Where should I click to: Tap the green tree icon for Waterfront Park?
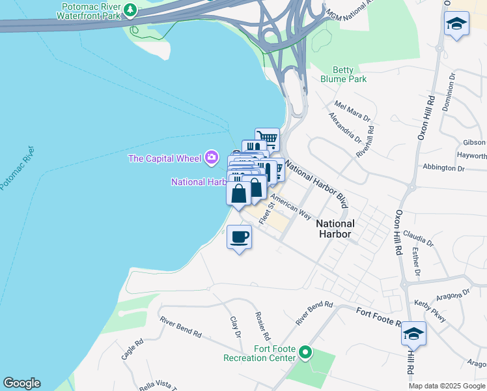tap(131, 10)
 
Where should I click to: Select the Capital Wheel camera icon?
tap(211, 157)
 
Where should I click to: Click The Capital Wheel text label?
tap(165, 158)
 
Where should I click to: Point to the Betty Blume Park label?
tap(343, 74)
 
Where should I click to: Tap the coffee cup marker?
tap(240, 237)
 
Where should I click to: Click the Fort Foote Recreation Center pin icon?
tap(305, 353)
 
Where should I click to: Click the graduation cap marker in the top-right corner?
tap(456, 24)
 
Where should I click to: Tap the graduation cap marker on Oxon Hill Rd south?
tap(413, 334)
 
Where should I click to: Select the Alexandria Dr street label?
tap(344, 128)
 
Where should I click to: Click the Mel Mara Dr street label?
tap(352, 111)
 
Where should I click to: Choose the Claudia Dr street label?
tap(418, 237)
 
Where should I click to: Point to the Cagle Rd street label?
tap(132, 350)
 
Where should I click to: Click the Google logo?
tap(21, 383)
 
